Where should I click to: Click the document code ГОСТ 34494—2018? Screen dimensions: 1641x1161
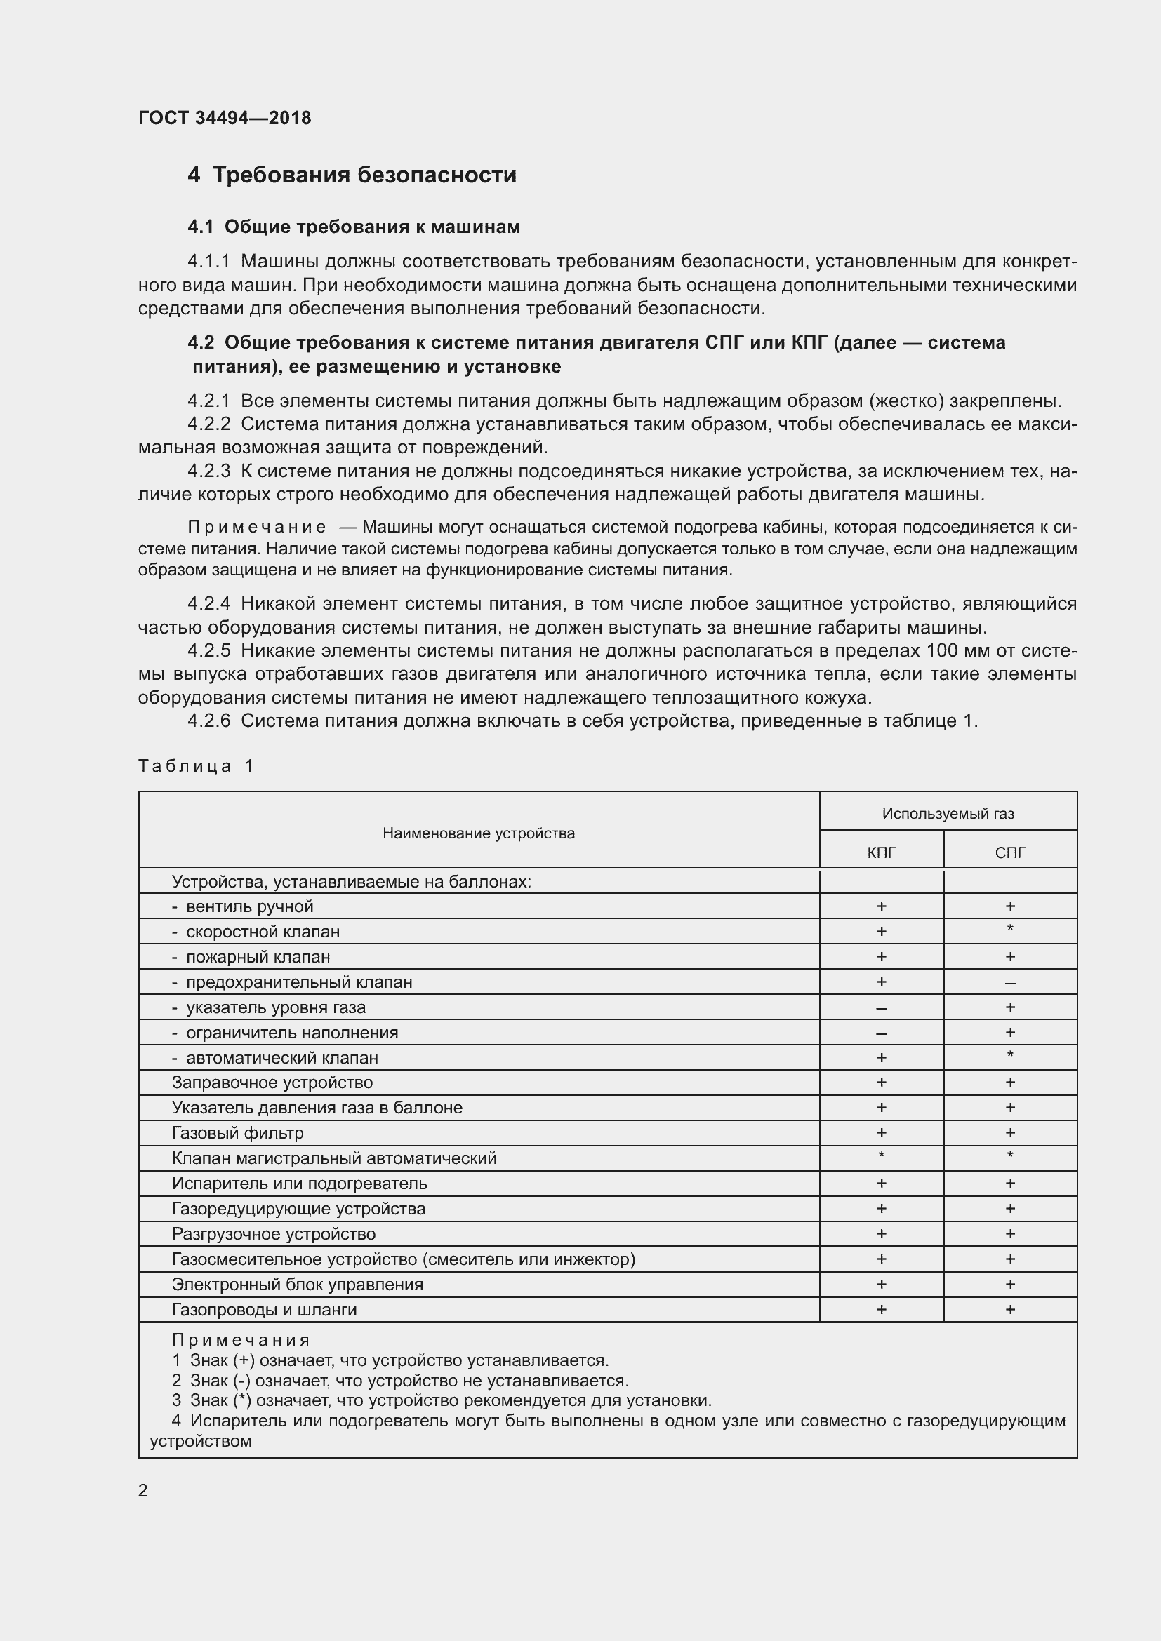(x=225, y=118)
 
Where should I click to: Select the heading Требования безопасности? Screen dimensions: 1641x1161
(x=364, y=175)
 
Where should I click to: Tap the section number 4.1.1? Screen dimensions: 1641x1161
(x=208, y=262)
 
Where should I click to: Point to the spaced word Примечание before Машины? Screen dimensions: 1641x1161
(x=257, y=528)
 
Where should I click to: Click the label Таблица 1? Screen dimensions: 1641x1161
(x=196, y=766)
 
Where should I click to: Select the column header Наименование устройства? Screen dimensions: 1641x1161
(x=478, y=833)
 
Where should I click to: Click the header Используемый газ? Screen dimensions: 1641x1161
(x=947, y=813)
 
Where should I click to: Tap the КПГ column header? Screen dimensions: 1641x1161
(x=881, y=852)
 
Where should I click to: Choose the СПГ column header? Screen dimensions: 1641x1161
(x=1009, y=852)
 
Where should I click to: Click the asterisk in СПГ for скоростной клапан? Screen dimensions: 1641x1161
(x=1009, y=930)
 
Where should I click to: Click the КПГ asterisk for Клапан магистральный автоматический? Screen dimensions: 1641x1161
(x=881, y=1156)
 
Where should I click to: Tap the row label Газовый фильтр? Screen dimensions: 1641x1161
(x=237, y=1133)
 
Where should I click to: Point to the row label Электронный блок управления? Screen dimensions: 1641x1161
(x=298, y=1285)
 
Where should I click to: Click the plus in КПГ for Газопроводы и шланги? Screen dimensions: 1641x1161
(x=881, y=1309)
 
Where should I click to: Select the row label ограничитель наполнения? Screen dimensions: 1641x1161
(x=292, y=1033)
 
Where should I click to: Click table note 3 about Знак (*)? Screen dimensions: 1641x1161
(x=441, y=1400)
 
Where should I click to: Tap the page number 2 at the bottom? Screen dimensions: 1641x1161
(x=143, y=1491)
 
